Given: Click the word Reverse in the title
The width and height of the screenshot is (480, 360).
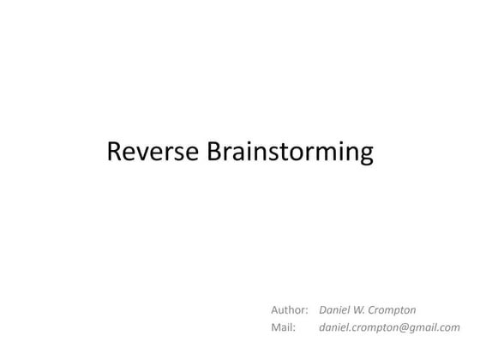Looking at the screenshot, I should coord(154,152).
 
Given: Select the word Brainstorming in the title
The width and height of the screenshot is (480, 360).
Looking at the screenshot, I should coord(291,153).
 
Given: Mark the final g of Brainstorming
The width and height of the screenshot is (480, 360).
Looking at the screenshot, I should coord(366,156).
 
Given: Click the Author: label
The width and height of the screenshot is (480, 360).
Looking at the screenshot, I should coord(289,309).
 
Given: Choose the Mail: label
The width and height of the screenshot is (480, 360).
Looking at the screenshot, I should coord(283,327).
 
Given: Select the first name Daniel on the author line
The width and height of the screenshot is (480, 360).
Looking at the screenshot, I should coord(335,309).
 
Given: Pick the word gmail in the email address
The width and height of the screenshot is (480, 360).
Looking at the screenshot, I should coord(421,327).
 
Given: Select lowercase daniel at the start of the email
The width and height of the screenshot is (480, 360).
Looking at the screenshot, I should coord(333,327).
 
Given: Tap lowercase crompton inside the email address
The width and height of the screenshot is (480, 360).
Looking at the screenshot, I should coord(373,327).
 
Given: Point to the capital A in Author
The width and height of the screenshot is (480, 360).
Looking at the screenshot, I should coord(275,309).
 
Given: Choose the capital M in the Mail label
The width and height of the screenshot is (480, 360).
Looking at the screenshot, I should coord(276,327).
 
